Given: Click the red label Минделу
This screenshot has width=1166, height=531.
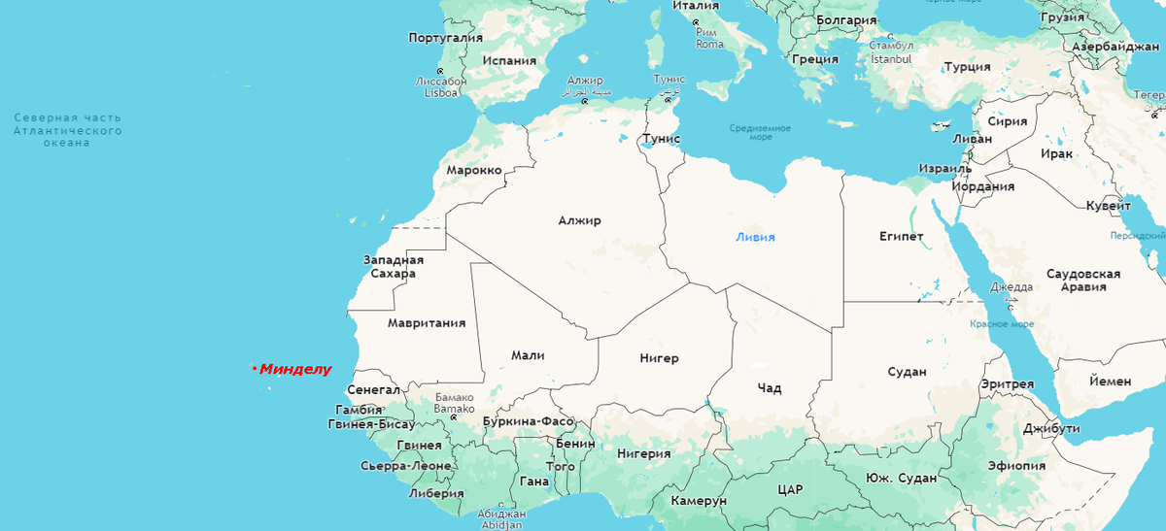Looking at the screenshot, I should point(295,369).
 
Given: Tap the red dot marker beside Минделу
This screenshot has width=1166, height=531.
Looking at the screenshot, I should point(254,369).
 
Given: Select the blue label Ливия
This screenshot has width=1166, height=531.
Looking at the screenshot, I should point(755,237).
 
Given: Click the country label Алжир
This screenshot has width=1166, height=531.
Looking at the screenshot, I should point(579,220).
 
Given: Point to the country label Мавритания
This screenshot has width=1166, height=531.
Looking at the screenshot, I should point(426,322).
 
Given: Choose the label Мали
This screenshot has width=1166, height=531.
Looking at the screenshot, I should point(528,355).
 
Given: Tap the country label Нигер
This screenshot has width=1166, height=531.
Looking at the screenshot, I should point(659,358).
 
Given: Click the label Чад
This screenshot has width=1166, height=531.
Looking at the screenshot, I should point(769,388).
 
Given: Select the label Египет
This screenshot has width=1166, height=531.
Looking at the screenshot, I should point(901,236).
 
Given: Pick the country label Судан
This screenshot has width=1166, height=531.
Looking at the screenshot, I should point(907,372).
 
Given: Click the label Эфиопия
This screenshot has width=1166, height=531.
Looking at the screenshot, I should point(1016,465).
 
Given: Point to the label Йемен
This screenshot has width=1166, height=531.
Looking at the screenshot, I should point(1110,382).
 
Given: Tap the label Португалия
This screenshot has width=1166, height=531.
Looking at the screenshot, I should point(445,38).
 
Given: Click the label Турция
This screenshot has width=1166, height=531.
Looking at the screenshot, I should point(967,67).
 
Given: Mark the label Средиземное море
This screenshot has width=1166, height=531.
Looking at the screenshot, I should point(760,132).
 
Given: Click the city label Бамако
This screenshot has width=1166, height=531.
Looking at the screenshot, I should point(454,402).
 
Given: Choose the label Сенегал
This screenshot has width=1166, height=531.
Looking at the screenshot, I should point(373,389).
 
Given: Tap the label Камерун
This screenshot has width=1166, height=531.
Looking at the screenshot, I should point(699,500).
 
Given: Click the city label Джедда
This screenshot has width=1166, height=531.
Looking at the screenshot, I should point(1012,287).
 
